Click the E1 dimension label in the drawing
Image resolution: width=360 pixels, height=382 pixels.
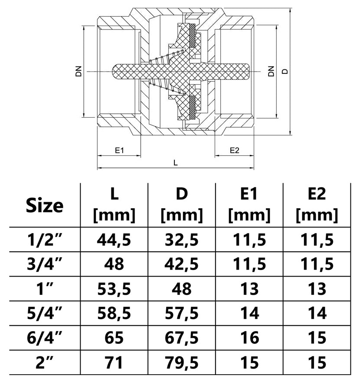(x=120, y=150)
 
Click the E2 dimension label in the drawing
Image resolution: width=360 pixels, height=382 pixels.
(x=235, y=150)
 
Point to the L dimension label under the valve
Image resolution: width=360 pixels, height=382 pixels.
(x=176, y=162)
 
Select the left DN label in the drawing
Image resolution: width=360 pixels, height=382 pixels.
(x=79, y=71)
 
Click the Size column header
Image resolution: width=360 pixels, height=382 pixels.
(x=45, y=205)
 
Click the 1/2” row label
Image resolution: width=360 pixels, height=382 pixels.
(x=45, y=240)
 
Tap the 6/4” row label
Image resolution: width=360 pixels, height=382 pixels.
(x=45, y=338)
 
